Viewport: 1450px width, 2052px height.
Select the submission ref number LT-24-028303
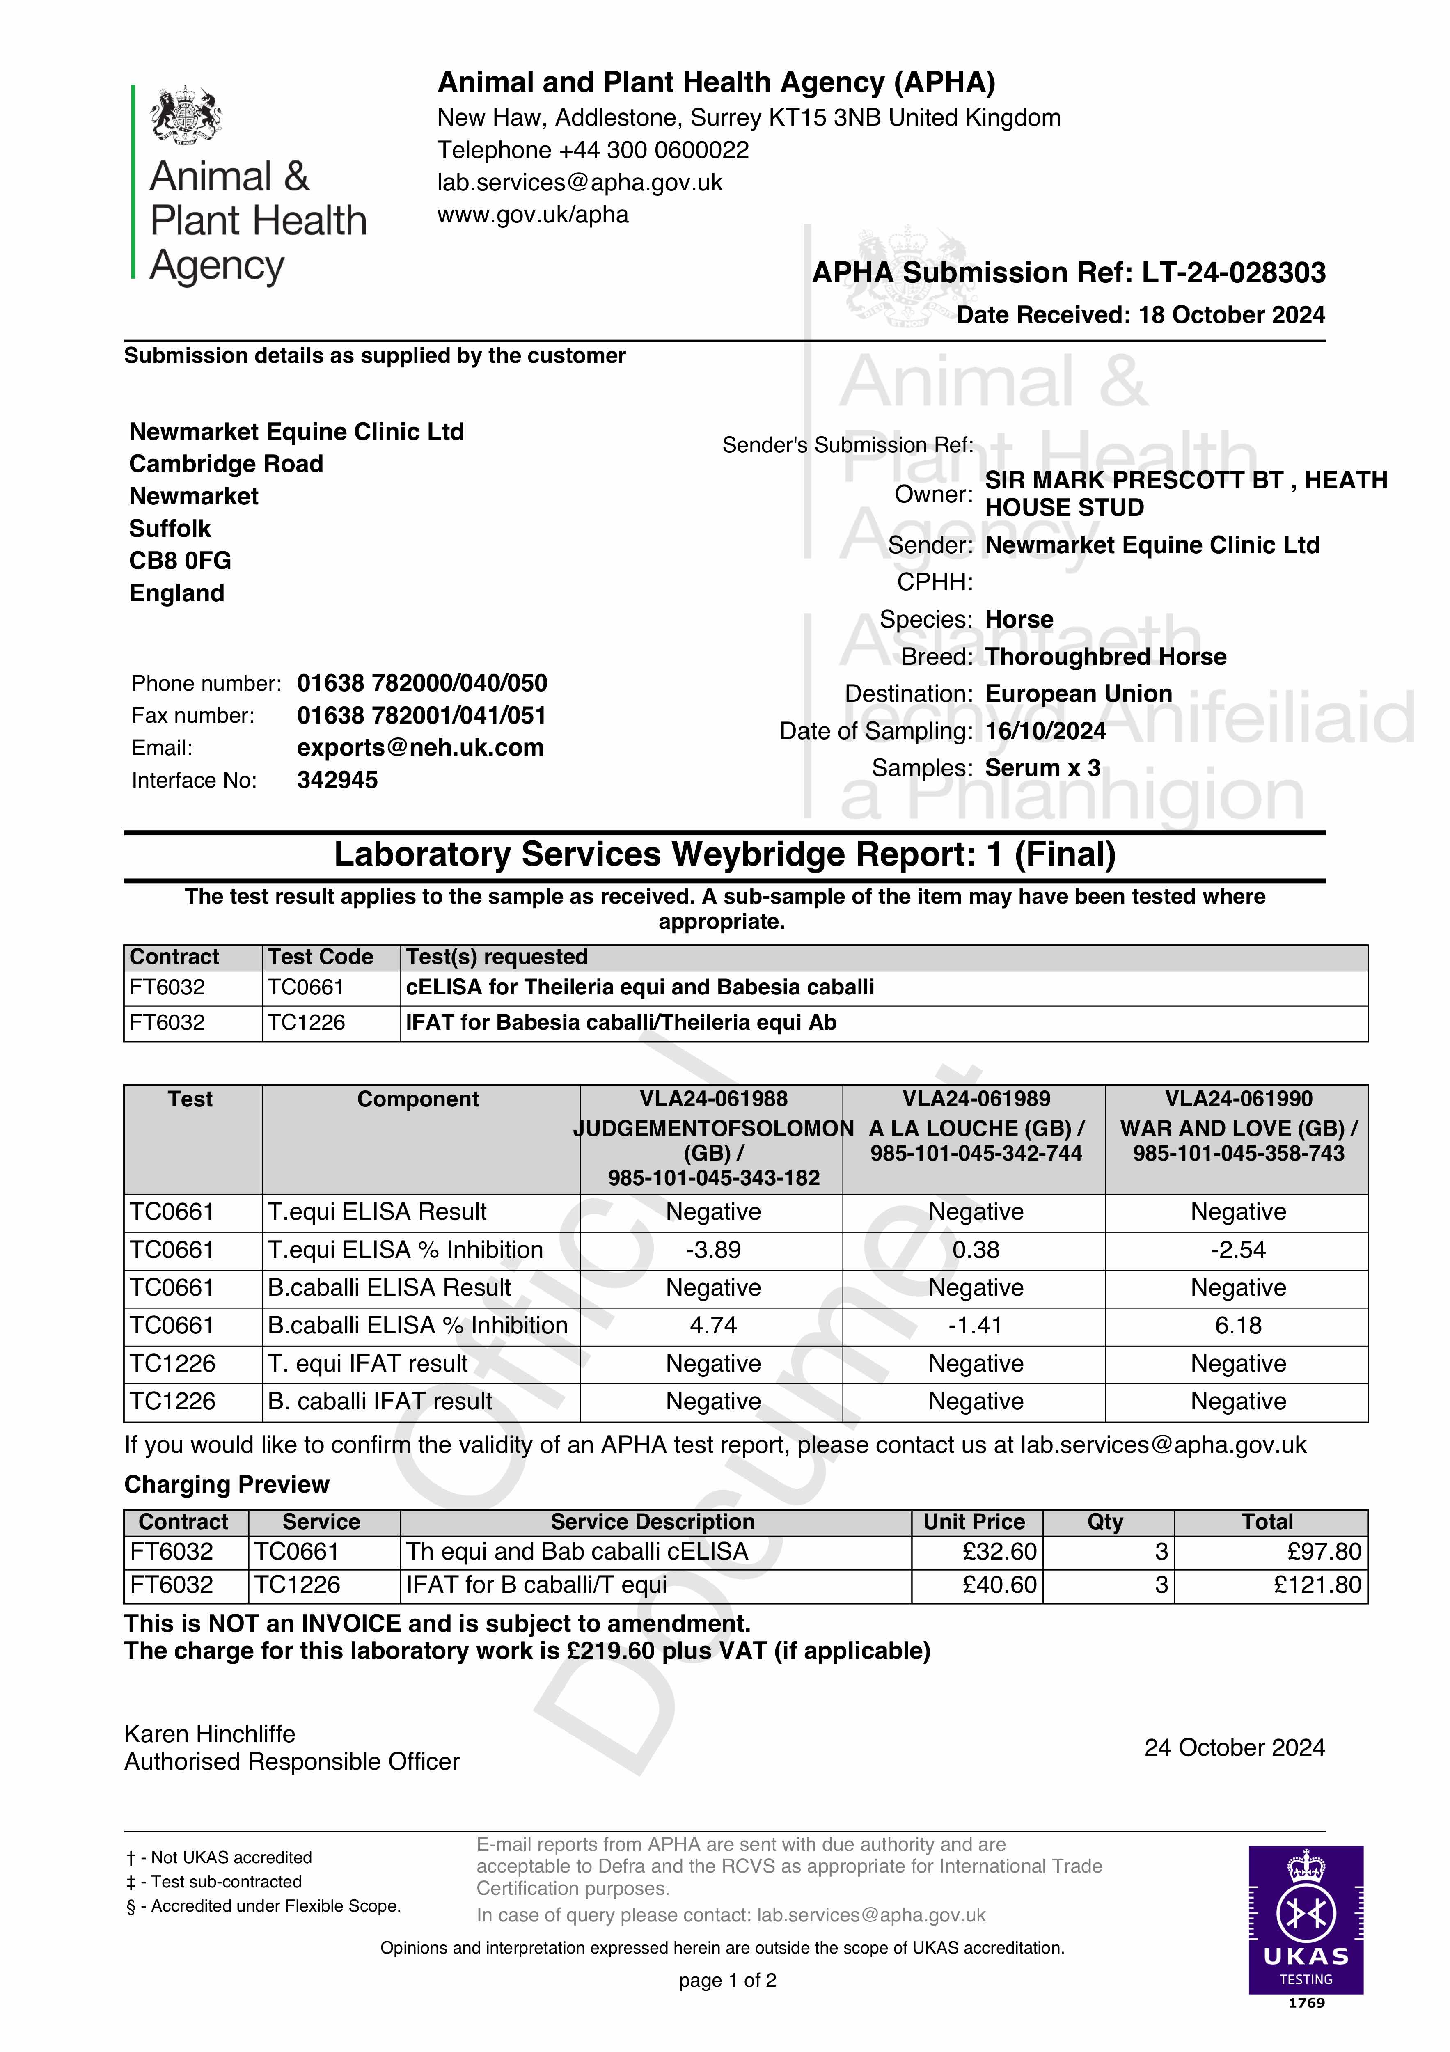coord(1234,273)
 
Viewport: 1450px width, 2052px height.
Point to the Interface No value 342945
coord(337,780)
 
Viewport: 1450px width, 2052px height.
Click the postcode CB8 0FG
coord(180,560)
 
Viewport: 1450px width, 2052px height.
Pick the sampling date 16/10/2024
coord(1045,731)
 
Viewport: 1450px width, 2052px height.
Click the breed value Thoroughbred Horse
coord(1105,657)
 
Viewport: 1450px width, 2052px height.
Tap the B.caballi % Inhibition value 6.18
coord(1238,1326)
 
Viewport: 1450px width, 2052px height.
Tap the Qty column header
coord(1105,1522)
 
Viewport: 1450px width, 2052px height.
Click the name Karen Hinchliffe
coord(209,1734)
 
